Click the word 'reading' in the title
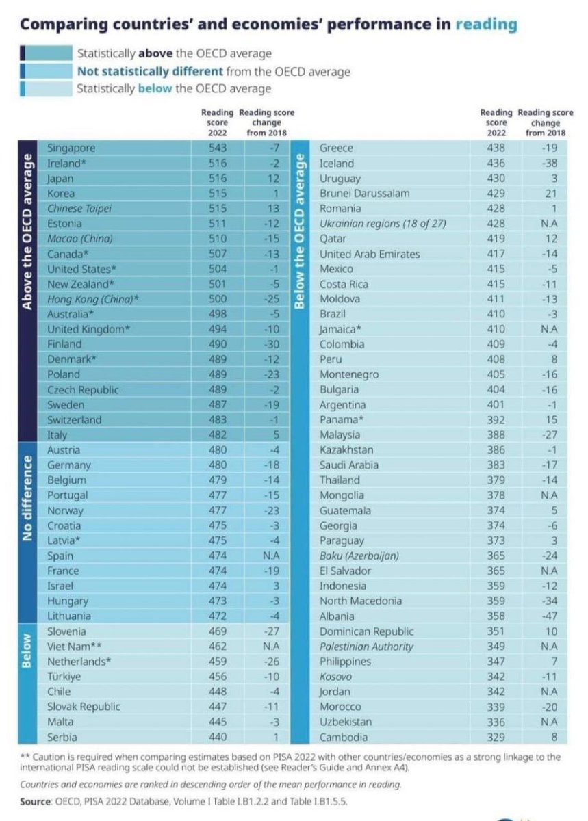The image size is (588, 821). pos(487,25)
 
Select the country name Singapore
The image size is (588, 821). pos(71,148)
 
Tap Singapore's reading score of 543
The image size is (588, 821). pos(217,148)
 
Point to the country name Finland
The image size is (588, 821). pos(64,344)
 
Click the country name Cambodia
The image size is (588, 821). pos(344,737)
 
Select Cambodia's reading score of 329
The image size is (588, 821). pos(496,737)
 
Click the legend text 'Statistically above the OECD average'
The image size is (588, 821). pos(174,53)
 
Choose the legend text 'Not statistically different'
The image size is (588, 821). pos(150,71)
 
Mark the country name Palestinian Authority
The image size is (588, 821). pos(366,647)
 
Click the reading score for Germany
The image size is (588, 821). pos(217,465)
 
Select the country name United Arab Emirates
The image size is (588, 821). pos(370,254)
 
